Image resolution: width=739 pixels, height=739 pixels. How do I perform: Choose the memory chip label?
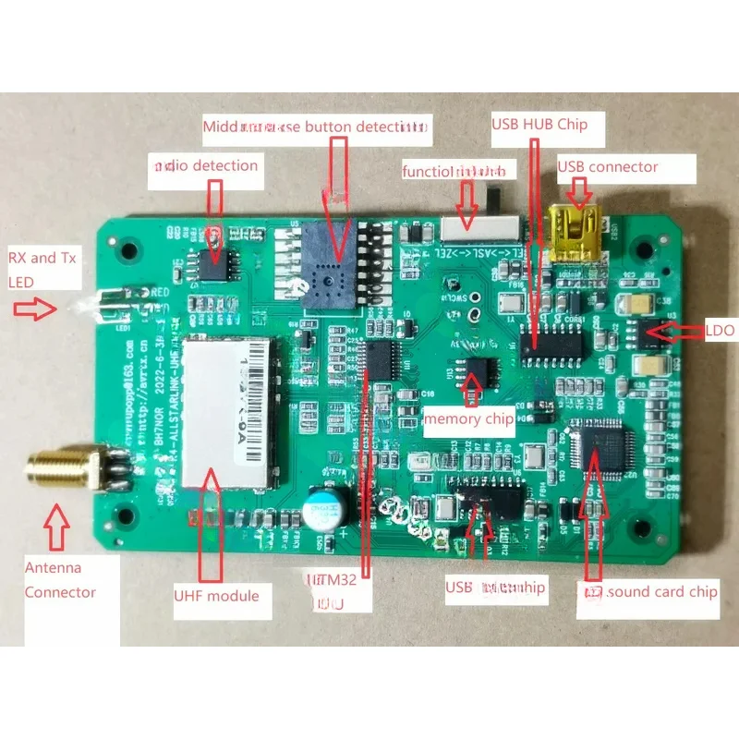tap(468, 419)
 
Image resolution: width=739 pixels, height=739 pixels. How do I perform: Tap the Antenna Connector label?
tap(60, 579)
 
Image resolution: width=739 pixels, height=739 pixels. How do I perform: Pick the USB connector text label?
tap(608, 167)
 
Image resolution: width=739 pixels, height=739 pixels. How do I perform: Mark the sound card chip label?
tap(648, 591)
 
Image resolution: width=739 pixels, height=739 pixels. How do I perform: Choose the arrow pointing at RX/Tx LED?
tap(37, 309)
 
